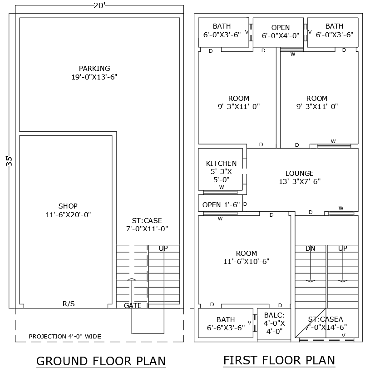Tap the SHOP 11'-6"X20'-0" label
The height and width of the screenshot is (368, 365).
coord(68,210)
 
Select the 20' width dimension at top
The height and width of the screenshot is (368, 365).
coord(99,5)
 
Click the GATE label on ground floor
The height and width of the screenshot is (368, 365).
coord(133,306)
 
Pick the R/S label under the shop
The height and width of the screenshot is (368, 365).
coord(69,303)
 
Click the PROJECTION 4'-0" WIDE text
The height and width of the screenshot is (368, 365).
coord(65,337)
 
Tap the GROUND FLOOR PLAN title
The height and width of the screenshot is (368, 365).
coord(101,361)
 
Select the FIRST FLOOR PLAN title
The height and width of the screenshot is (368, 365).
coord(279,360)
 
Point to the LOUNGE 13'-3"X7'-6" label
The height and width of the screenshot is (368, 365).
coord(300,177)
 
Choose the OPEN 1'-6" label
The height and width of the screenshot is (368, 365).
coord(221,204)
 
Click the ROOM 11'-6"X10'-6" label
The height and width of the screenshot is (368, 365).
coord(247,257)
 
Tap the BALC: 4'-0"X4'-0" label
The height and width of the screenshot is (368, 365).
coord(274,323)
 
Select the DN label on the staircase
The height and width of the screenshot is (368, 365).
coord(310,249)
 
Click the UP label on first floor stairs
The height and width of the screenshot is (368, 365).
coord(343,249)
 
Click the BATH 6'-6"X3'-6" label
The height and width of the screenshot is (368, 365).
coord(226,323)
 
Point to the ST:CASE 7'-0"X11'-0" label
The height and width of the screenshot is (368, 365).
coord(147,224)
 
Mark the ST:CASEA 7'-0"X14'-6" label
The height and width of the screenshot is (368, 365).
coord(326,323)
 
